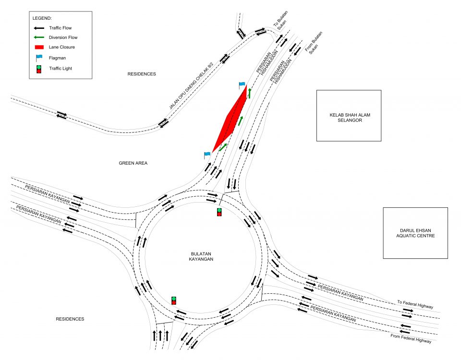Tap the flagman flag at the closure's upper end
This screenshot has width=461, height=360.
tap(242, 85)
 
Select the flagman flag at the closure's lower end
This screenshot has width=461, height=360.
tap(207, 155)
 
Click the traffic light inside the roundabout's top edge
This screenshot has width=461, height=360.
tap(219, 212)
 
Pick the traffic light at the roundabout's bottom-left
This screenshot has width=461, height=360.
tap(174, 300)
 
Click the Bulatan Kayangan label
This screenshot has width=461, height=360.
tap(201, 256)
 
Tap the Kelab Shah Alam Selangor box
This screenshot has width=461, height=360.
tap(349, 116)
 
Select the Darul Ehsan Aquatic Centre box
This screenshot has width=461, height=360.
tap(415, 233)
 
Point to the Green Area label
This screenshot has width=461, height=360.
tap(133, 163)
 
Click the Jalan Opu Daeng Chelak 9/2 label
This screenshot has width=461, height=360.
tap(191, 85)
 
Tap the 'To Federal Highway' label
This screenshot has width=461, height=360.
tap(415, 304)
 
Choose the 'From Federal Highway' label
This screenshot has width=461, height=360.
tap(411, 338)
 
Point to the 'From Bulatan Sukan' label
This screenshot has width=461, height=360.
tap(314, 43)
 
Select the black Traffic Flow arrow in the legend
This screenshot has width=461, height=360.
tap(39, 28)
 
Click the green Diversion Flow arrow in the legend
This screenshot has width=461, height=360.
tap(39, 37)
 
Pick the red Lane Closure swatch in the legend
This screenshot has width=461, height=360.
tap(39, 47)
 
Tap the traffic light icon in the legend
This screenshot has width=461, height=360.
tap(39, 69)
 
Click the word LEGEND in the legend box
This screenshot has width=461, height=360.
tap(42, 18)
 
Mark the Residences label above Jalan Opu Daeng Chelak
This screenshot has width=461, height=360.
tap(142, 74)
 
